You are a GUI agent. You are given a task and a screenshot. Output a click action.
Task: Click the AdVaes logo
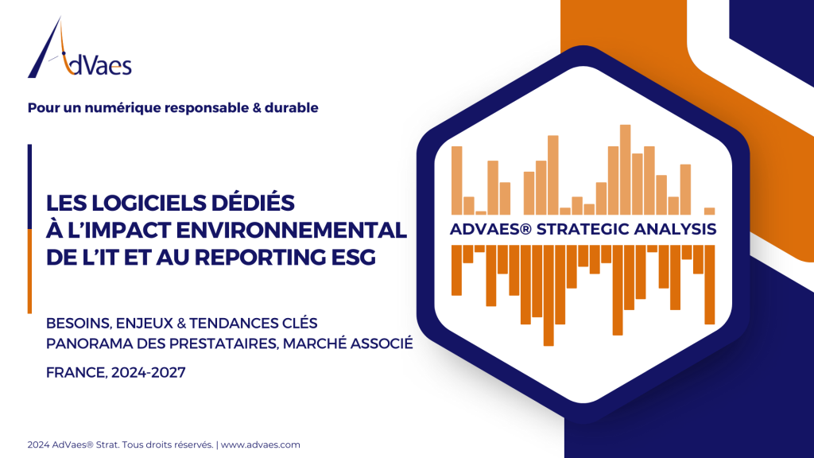(x=79, y=48)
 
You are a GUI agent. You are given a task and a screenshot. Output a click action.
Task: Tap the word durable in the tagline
(x=291, y=107)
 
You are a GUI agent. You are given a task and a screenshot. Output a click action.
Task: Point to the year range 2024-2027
(x=149, y=373)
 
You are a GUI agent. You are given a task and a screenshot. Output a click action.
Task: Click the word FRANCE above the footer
(x=76, y=373)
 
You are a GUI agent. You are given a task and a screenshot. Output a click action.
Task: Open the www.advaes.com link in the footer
(x=261, y=445)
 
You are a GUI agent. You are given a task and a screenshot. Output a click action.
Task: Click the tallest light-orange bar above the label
(x=625, y=170)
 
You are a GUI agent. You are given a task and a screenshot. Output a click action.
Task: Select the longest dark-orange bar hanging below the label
(x=548, y=296)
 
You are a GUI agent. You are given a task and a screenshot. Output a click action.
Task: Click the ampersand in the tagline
(x=256, y=108)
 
